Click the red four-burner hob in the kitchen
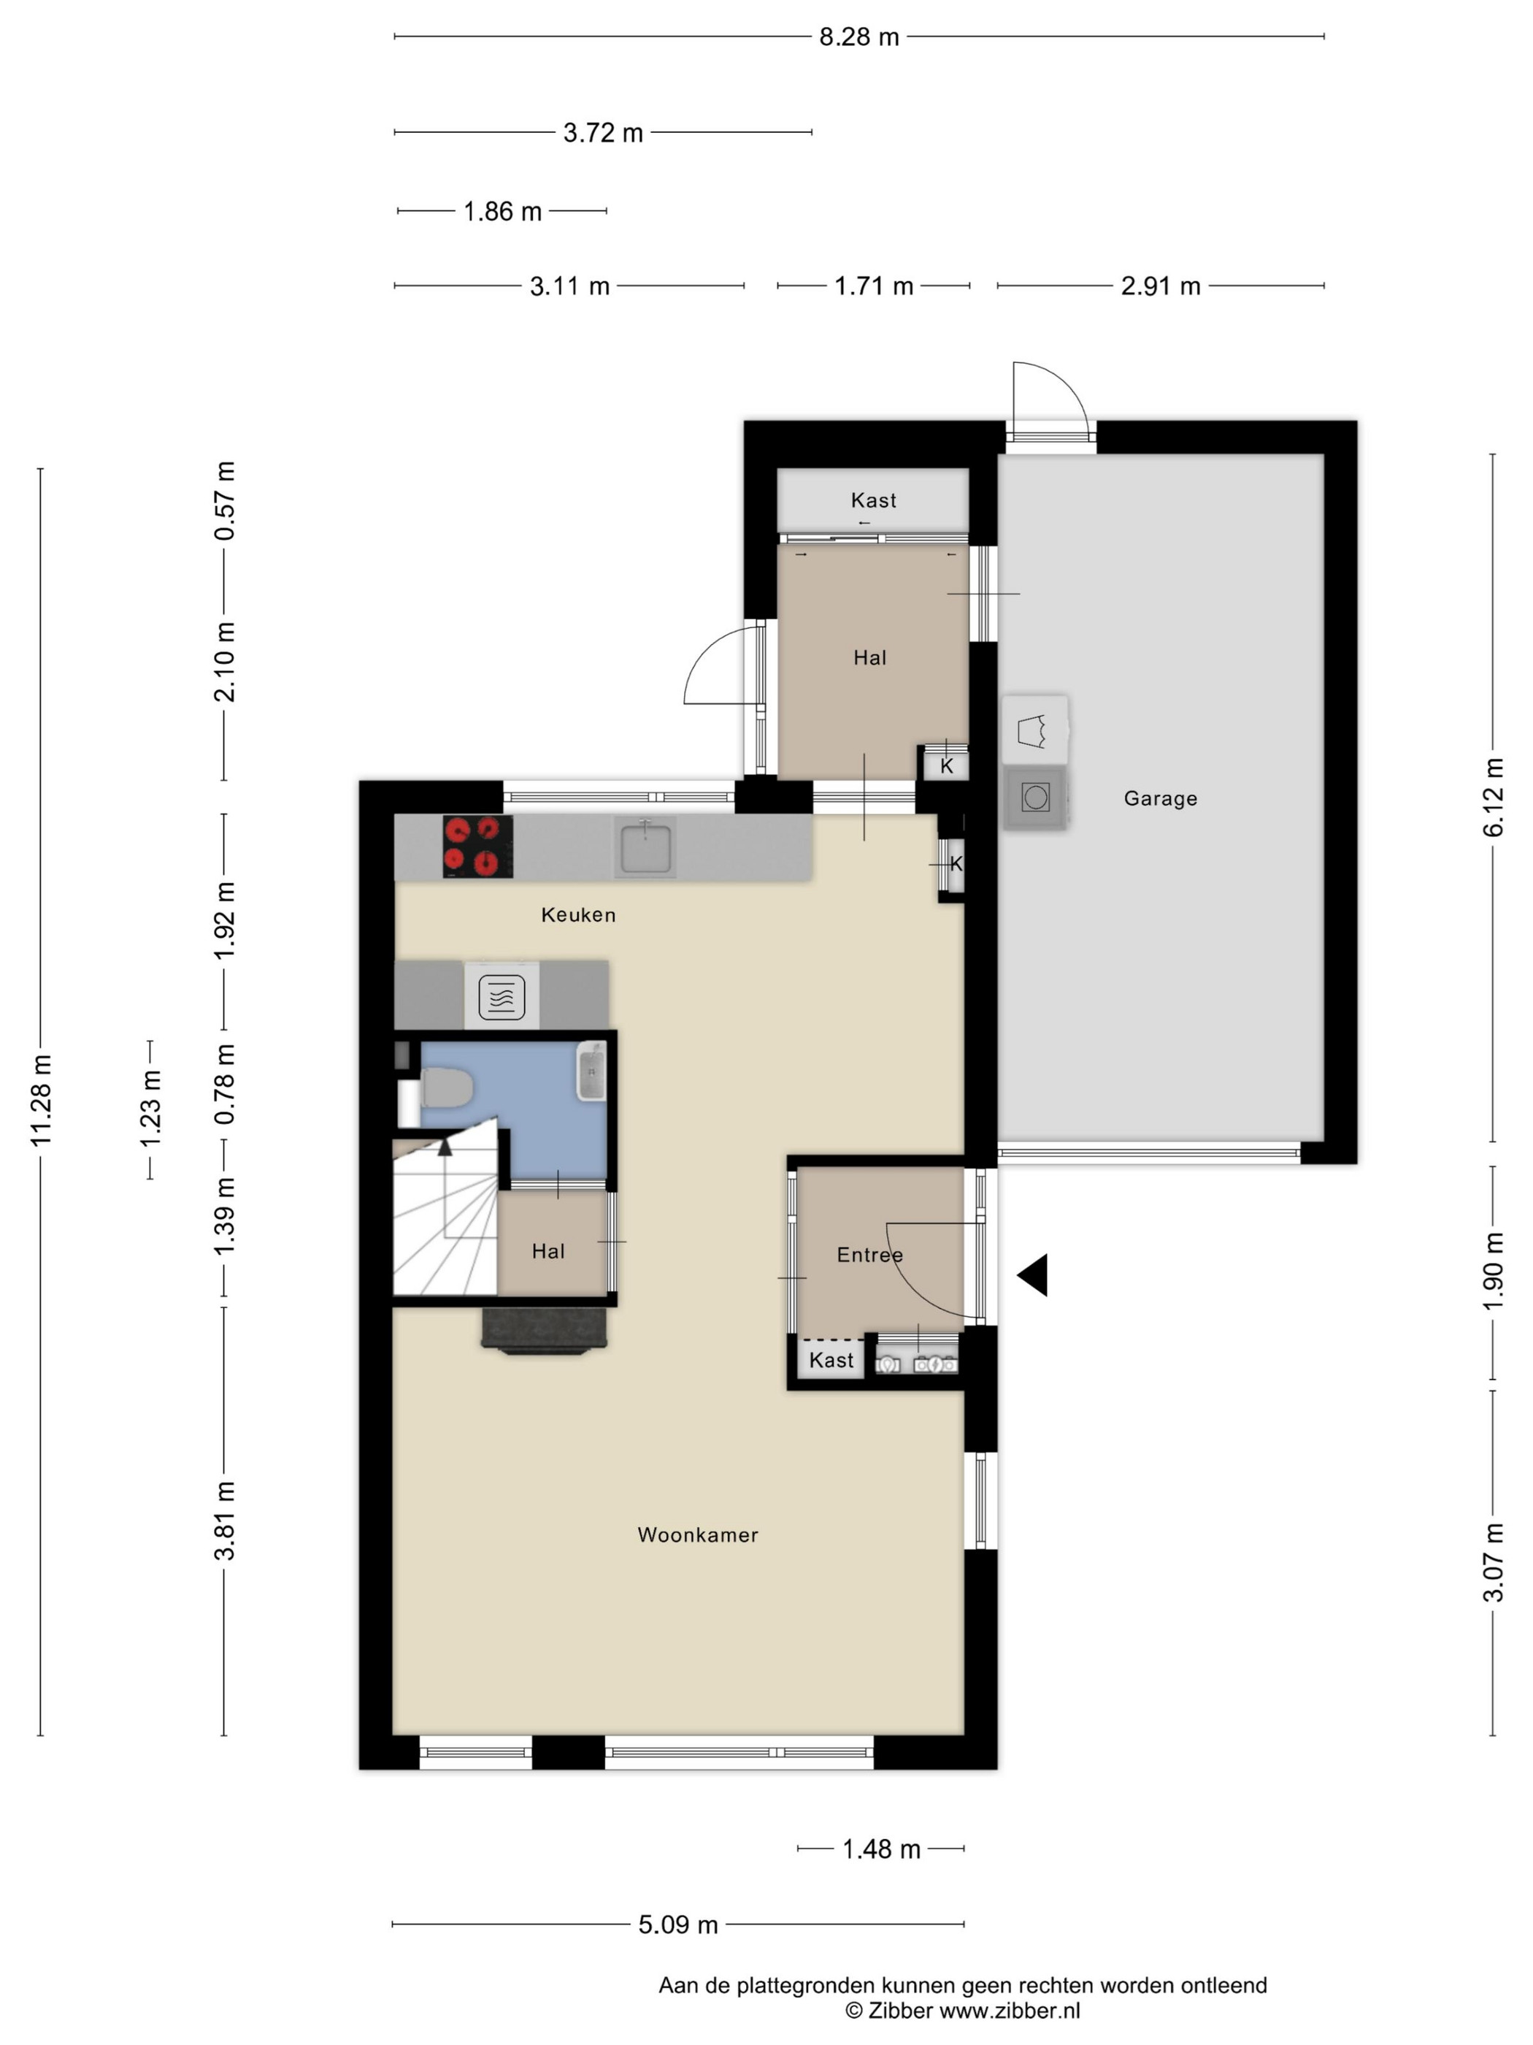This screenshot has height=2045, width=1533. pyautogui.click(x=477, y=846)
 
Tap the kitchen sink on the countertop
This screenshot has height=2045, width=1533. pyautogui.click(x=645, y=846)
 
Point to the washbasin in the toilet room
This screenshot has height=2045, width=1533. pyautogui.click(x=591, y=1071)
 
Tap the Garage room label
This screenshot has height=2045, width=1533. pyautogui.click(x=1161, y=799)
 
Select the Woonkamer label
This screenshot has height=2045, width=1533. pyautogui.click(x=698, y=1534)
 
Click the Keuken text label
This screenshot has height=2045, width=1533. pyautogui.click(x=578, y=914)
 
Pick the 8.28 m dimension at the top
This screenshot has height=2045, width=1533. pyautogui.click(x=859, y=37)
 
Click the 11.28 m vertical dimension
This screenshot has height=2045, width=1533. pyautogui.click(x=41, y=1100)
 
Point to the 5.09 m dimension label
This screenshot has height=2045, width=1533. pyautogui.click(x=678, y=1924)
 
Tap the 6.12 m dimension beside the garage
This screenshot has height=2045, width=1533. pyautogui.click(x=1494, y=798)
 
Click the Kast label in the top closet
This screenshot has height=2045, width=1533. pyautogui.click(x=873, y=500)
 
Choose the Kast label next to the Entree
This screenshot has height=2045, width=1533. pyautogui.click(x=831, y=1360)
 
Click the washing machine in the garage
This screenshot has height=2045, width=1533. pyautogui.click(x=1036, y=797)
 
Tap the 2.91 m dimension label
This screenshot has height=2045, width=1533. pyautogui.click(x=1161, y=286)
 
